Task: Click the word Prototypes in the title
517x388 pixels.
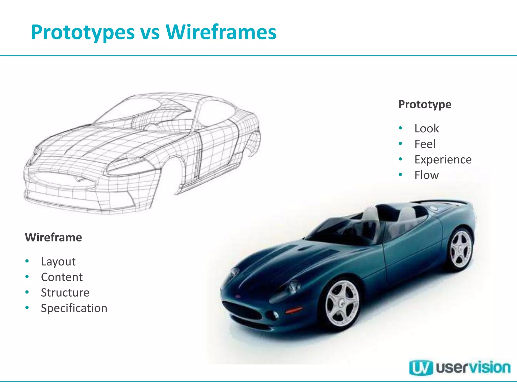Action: tap(83, 32)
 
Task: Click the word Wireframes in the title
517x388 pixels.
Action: tap(221, 32)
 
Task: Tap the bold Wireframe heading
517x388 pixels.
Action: tap(54, 237)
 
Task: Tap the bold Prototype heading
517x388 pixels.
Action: tap(425, 104)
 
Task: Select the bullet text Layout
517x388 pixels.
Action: tap(58, 261)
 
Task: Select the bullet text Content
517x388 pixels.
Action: tap(62, 277)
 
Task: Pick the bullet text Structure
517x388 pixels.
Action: tap(65, 293)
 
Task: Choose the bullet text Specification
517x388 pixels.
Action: tap(74, 308)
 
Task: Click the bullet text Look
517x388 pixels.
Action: tap(427, 129)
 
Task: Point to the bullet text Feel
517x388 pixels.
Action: tap(425, 144)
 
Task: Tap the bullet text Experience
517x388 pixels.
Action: tap(443, 160)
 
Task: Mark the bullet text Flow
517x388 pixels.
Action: tap(427, 175)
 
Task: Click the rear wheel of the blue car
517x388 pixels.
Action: tap(461, 249)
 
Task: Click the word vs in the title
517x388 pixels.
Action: tap(150, 32)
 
